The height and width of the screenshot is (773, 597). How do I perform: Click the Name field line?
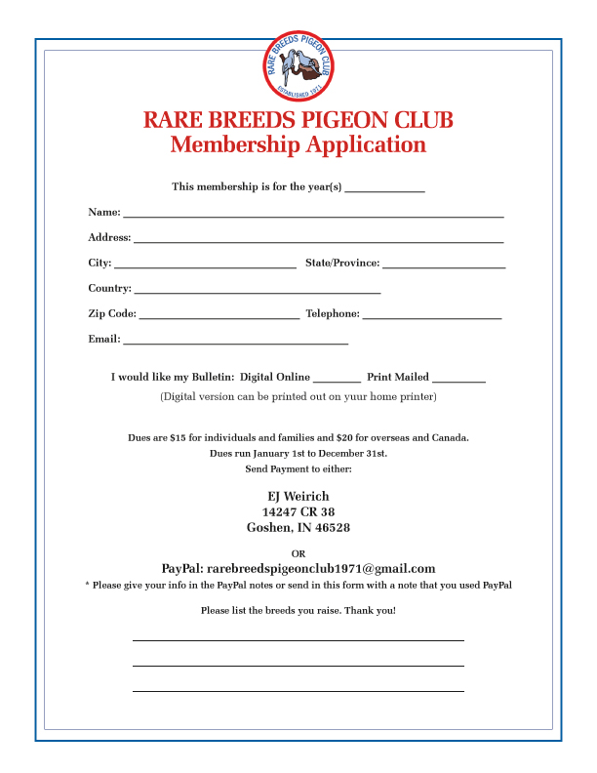tap(312, 214)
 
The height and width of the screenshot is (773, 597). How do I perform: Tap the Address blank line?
tap(318, 239)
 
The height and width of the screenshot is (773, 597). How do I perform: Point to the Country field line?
tap(258, 291)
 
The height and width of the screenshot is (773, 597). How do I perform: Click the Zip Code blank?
tap(219, 316)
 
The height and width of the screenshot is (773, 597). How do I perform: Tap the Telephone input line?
tap(432, 316)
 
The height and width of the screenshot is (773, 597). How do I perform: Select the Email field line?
tap(235, 342)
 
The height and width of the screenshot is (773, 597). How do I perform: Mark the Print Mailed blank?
tap(458, 379)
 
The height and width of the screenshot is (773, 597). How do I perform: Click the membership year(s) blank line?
tap(384, 188)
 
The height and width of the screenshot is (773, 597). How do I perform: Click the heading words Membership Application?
tap(298, 145)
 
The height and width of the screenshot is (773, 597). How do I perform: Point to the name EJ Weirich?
tap(298, 497)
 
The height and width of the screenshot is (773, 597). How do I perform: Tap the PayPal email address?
tap(321, 569)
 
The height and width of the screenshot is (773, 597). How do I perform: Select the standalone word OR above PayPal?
tap(298, 553)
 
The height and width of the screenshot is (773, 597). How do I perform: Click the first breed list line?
tap(298, 639)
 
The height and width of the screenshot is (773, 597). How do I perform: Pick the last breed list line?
tap(298, 690)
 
